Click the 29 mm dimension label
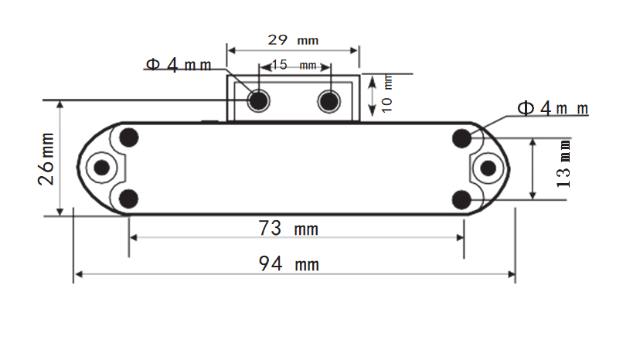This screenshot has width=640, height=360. tap(292, 39)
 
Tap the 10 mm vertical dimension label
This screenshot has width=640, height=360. tap(387, 93)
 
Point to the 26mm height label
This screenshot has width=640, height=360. tap(46, 158)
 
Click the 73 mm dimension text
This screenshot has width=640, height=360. tap(288, 229)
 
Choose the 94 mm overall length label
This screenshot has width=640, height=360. tap(288, 264)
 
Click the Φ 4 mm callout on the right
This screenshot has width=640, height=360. tap(553, 108)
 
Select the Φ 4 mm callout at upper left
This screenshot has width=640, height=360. tap(179, 65)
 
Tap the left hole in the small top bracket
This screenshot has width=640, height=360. tap(257, 100)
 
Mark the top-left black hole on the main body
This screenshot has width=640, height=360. tap(129, 138)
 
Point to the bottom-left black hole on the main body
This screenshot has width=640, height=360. tap(129, 199)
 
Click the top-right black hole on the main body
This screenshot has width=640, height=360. tap(462, 138)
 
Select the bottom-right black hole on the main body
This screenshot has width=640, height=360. tap(462, 199)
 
